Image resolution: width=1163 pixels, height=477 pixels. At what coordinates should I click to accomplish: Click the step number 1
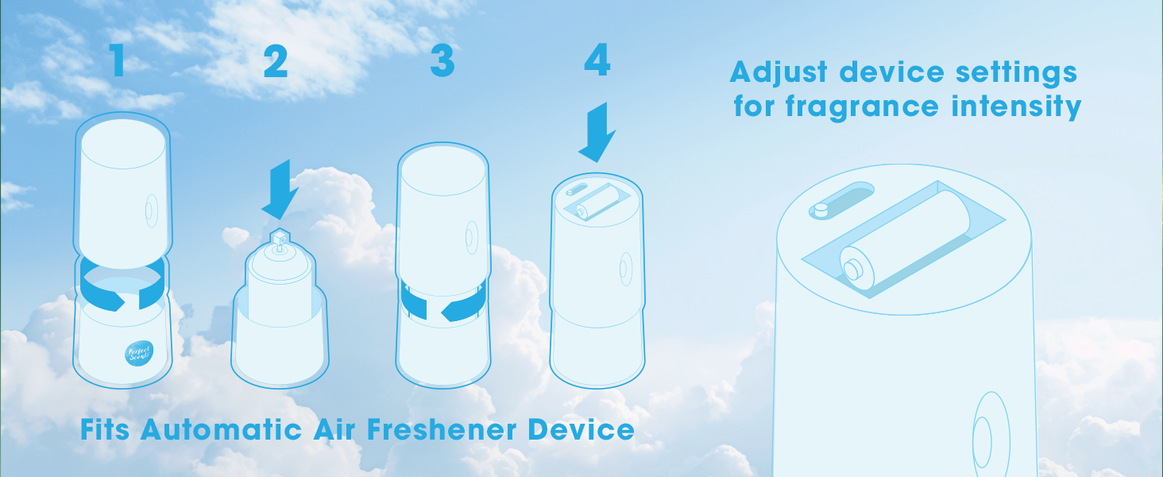(118, 60)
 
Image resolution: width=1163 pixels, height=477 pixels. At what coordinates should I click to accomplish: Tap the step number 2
(275, 61)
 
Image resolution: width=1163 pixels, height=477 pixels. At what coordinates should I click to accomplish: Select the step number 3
(442, 60)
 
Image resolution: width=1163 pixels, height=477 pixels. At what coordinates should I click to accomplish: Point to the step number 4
(597, 60)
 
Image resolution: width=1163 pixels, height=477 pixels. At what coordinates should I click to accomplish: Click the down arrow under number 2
(280, 189)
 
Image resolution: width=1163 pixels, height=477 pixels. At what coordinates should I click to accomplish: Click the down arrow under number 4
(597, 132)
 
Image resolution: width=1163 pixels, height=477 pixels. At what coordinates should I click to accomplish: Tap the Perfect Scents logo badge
(139, 353)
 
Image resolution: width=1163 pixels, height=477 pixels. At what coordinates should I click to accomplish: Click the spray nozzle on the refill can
(280, 239)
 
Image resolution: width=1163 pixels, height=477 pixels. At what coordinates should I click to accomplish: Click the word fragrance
(862, 107)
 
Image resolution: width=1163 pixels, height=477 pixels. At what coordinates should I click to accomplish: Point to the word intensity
(1017, 107)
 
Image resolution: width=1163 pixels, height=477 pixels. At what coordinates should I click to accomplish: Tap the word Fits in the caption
(105, 430)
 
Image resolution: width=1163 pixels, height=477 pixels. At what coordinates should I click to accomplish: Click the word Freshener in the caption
(442, 430)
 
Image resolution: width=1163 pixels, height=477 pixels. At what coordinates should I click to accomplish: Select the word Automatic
(221, 430)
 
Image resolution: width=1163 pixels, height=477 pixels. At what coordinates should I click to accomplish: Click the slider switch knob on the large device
(821, 209)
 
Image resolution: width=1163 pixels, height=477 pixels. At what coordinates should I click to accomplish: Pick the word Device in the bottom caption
(581, 430)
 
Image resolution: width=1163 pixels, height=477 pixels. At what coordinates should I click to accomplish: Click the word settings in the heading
(1017, 74)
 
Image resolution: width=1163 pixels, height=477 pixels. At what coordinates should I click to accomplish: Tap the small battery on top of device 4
(597, 202)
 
